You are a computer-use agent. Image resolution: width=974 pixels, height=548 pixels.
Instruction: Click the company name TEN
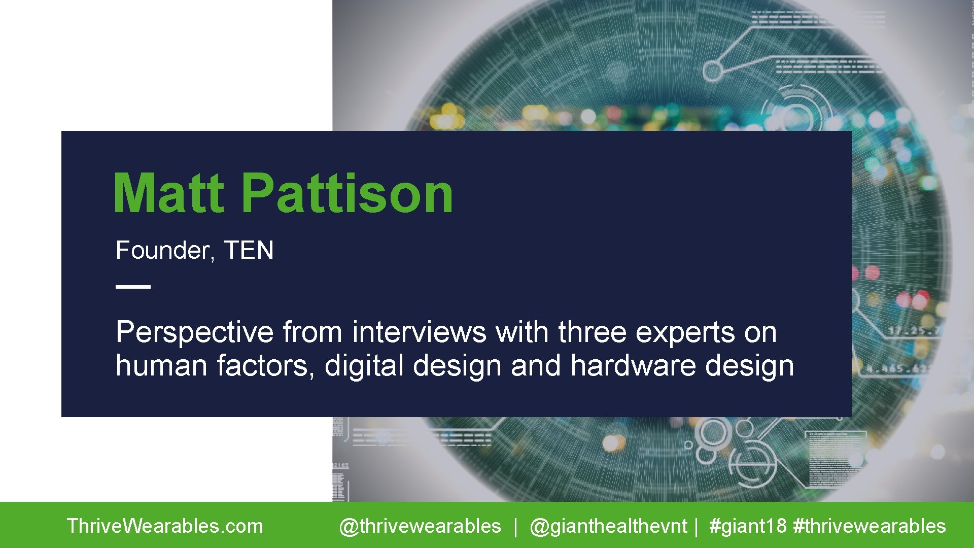249,250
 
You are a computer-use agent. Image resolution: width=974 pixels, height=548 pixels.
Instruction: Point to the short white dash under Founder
133,287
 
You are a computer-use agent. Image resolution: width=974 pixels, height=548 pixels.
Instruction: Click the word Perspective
194,333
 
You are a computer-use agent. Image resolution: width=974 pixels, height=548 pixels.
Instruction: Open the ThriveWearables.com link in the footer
165,526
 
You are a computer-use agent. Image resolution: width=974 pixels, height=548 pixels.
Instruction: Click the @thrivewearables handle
420,526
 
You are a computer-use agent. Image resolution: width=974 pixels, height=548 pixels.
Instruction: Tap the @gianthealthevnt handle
608,526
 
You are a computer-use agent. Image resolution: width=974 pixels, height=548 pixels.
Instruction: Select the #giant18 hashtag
748,526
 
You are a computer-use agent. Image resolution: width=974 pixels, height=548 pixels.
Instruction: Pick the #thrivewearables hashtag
869,526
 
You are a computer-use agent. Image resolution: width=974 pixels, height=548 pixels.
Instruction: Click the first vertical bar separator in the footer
515,526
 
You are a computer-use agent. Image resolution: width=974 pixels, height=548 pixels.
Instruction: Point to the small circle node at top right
713,71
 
